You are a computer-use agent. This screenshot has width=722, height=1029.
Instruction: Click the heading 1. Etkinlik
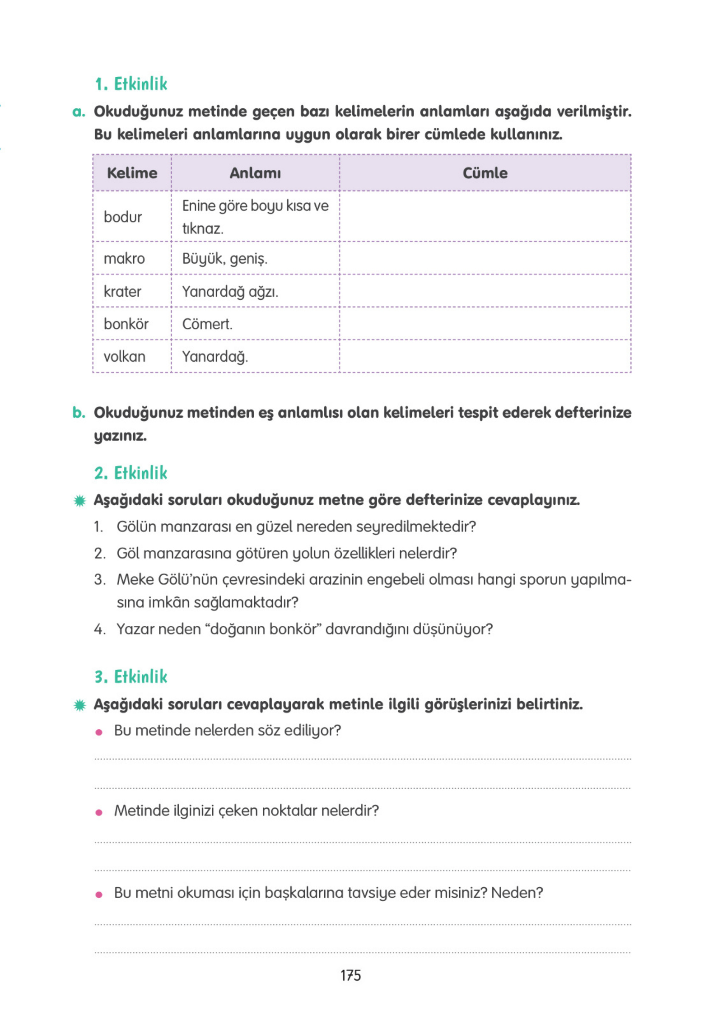[x=131, y=84]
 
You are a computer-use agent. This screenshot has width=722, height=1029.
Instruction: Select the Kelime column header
[x=132, y=173]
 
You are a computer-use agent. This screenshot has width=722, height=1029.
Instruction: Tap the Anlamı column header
[x=255, y=173]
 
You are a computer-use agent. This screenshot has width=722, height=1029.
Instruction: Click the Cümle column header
[x=485, y=173]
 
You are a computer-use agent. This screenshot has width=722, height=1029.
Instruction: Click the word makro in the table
[x=124, y=259]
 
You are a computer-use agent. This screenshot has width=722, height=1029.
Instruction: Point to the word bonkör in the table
[x=126, y=324]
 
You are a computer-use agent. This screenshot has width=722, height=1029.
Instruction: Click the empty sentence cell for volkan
[x=485, y=356]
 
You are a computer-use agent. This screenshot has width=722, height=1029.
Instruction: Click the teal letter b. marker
[x=79, y=412]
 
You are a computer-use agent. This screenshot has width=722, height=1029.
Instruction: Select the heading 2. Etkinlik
[x=131, y=473]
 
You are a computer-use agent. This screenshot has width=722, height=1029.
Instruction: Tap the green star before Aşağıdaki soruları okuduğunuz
[x=80, y=500]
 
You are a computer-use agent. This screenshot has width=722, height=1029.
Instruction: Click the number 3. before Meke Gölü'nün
[x=99, y=579]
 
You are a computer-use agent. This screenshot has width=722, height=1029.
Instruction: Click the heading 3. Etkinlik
[x=131, y=677]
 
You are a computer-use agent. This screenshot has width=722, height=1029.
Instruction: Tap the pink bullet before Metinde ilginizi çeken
[x=99, y=812]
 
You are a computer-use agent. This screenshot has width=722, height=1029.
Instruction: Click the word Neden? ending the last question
[x=517, y=893]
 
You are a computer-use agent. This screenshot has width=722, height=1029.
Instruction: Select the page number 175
[x=351, y=975]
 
